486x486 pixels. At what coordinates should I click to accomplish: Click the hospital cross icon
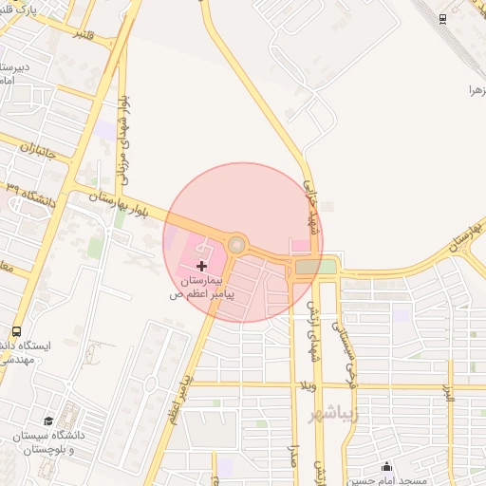tap(201, 267)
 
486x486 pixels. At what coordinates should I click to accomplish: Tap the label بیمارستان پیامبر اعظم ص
tap(200, 288)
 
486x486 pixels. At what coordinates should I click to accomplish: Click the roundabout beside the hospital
tap(236, 246)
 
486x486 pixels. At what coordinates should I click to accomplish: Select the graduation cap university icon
tap(48, 421)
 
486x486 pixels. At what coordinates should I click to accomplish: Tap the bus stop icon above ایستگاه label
tap(15, 332)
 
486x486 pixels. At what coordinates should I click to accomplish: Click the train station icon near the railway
tap(442, 19)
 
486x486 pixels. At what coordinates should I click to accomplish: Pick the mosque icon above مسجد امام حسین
tap(386, 466)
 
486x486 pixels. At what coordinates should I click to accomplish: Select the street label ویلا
tap(306, 386)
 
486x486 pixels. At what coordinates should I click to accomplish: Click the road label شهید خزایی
tap(309, 204)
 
